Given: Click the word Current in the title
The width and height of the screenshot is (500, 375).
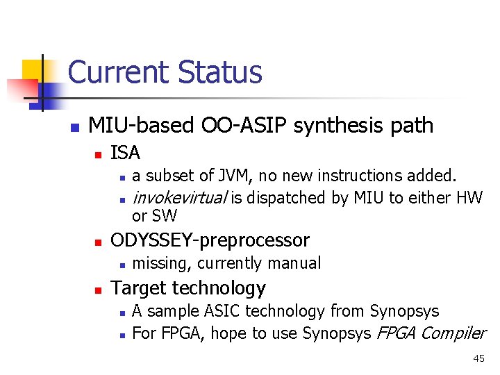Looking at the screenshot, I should [x=119, y=72].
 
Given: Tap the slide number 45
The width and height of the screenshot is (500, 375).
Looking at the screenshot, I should [x=478, y=358].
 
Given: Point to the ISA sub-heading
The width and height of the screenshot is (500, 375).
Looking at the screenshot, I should [x=126, y=152].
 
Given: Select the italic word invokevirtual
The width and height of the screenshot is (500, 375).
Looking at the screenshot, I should [x=179, y=199].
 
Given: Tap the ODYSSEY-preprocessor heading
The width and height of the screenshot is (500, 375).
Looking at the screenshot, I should [x=210, y=240].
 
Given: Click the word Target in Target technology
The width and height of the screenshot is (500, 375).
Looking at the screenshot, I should [x=138, y=287].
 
